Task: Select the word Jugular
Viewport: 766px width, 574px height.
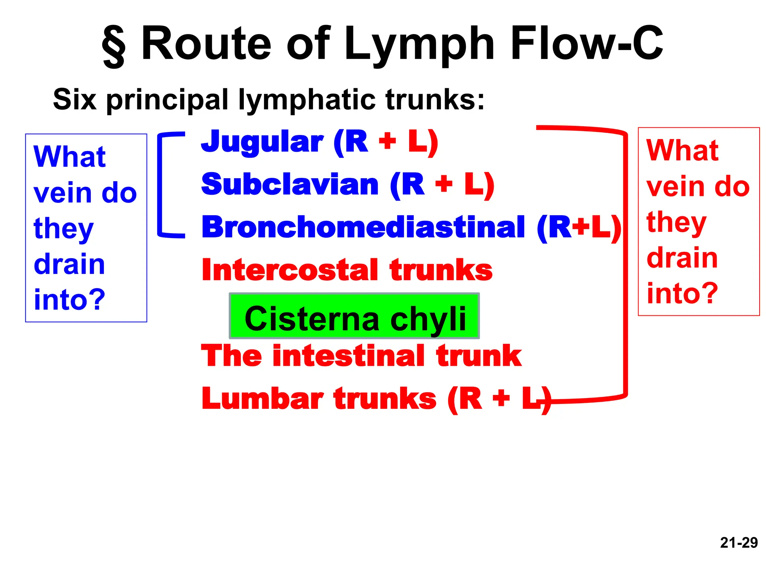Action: pos(262,142)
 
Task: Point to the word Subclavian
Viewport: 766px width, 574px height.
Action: pos(290,185)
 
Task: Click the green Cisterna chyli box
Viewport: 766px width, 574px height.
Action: pos(354,316)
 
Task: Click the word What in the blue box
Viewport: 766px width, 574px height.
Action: pos(70,157)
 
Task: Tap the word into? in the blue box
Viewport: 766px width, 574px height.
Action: pos(70,300)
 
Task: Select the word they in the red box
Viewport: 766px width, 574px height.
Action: pos(676,222)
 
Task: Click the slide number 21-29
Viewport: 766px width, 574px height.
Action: pos(739,543)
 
